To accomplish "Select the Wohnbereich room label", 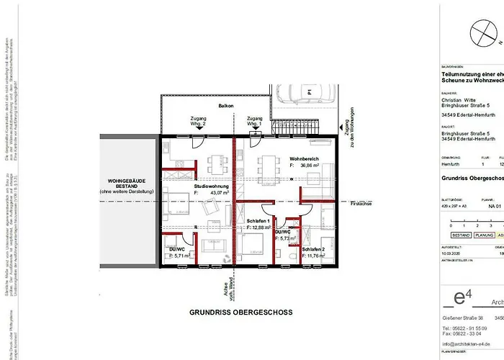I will tap(305, 158).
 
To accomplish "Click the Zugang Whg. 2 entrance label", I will tap(198, 121).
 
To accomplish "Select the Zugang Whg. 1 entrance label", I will tap(254, 121).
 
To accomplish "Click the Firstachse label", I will tap(361, 204).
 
